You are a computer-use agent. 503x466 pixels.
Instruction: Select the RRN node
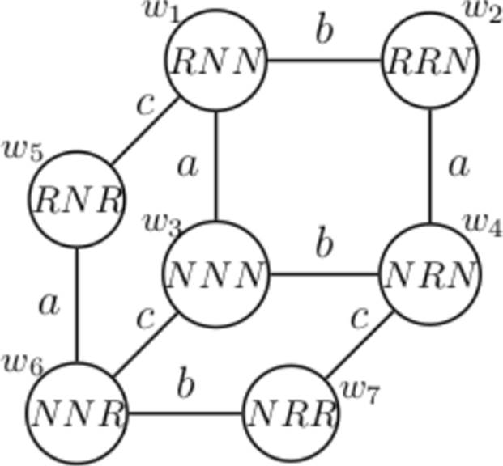(x=429, y=61)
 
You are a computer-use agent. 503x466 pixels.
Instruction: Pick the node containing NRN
(x=429, y=275)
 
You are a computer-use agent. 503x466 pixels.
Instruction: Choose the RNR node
(x=76, y=199)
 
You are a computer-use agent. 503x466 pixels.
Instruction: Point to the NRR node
(x=291, y=414)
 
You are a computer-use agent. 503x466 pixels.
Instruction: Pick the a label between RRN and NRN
(x=458, y=166)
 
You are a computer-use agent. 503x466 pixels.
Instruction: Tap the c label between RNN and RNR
(x=145, y=106)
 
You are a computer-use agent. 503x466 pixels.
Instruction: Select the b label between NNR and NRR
(x=185, y=386)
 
